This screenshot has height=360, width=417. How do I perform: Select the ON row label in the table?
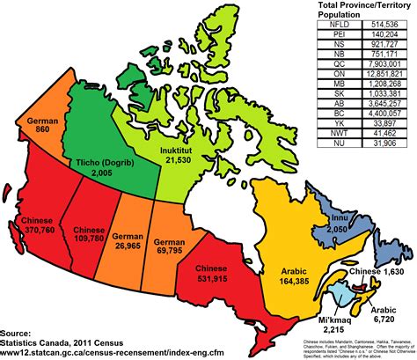(x=333, y=77)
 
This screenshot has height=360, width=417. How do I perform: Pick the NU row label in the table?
(x=333, y=143)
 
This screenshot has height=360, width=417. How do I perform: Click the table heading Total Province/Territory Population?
(x=358, y=11)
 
